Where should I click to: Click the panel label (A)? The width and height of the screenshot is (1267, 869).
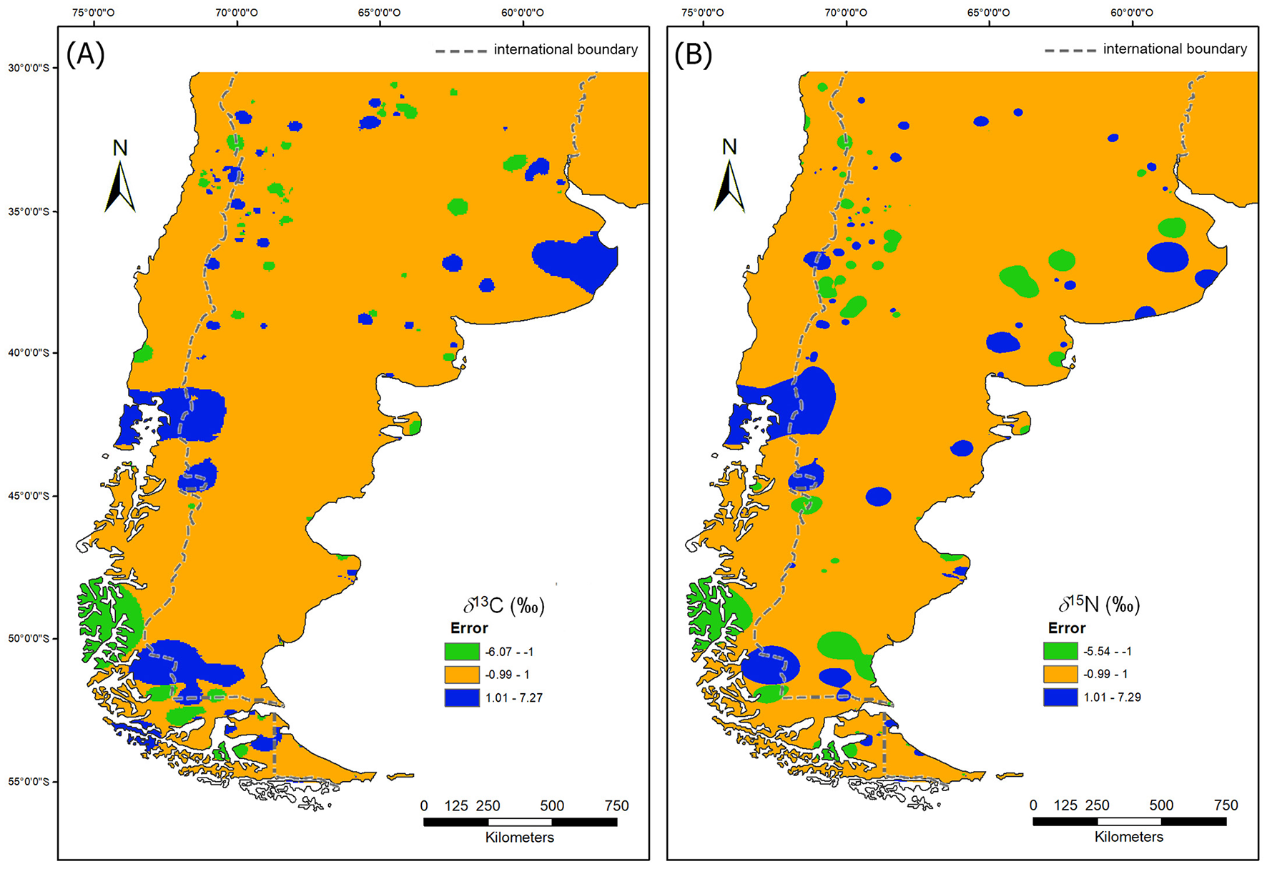tap(85, 54)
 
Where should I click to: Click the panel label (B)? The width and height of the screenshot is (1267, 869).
tap(693, 54)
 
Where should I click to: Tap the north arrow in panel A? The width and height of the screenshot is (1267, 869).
tap(120, 179)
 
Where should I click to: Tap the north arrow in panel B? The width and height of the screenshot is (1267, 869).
tap(729, 179)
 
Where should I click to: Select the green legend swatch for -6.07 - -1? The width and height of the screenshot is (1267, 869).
tap(462, 652)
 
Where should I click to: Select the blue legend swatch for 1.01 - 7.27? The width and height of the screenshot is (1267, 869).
tap(462, 697)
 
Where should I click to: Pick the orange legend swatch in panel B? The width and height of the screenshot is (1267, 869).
tap(1060, 674)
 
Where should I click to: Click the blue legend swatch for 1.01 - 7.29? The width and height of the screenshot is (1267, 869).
tap(1060, 697)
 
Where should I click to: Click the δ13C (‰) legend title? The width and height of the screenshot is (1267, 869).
tap(504, 606)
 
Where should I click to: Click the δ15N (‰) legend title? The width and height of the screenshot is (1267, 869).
tap(1099, 605)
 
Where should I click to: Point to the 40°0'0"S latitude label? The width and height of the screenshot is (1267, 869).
tap(29, 352)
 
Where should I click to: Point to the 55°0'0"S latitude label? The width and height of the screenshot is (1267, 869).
tap(29, 782)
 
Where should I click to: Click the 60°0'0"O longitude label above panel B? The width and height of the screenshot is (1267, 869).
tap(1132, 12)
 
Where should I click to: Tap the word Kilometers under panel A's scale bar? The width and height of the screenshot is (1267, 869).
tap(520, 838)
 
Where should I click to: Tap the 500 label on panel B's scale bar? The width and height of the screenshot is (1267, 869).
tap(1161, 805)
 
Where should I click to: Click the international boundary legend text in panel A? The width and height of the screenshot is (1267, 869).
tap(566, 49)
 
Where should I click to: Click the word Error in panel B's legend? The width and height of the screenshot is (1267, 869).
tap(1067, 628)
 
